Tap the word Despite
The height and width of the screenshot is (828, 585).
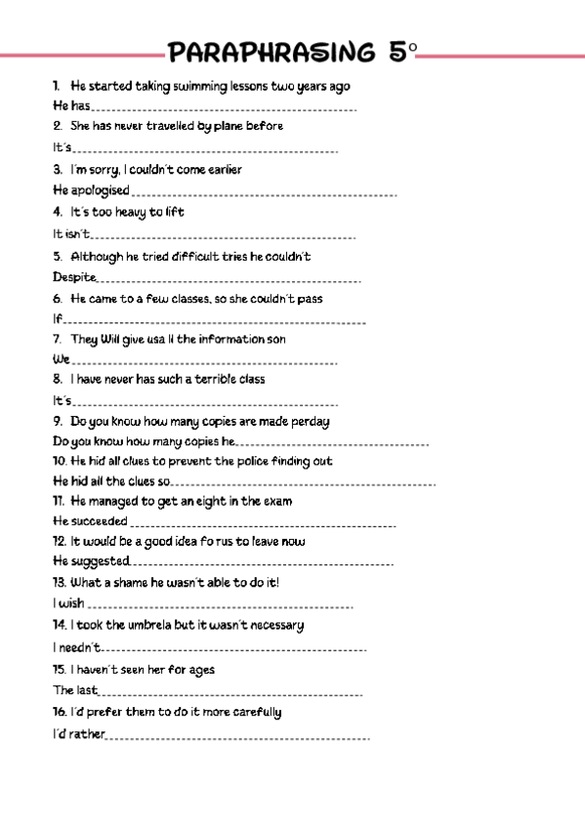(74, 277)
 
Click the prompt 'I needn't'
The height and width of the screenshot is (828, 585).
(76, 646)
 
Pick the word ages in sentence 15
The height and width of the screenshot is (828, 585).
(198, 670)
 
